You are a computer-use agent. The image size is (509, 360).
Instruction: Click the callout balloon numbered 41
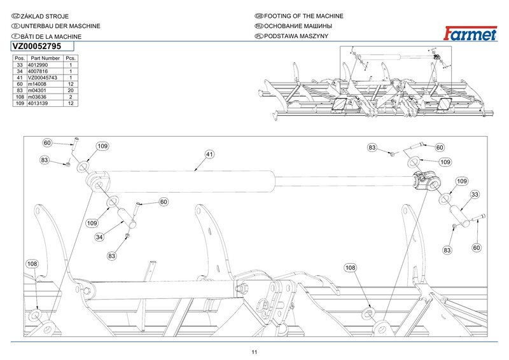(x=208, y=154)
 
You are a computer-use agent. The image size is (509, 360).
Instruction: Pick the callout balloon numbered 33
(x=475, y=194)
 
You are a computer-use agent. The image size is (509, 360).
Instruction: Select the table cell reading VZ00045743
(x=43, y=78)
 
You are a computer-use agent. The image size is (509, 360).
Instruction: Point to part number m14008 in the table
(x=39, y=84)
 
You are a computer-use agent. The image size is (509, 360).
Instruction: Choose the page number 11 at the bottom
(x=254, y=352)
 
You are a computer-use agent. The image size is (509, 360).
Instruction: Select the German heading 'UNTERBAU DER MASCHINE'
(x=54, y=26)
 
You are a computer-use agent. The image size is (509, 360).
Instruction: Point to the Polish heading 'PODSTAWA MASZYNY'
(x=295, y=37)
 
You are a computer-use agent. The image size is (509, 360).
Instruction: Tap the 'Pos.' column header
(x=19, y=58)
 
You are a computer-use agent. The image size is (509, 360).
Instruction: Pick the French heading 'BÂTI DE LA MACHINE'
(x=51, y=37)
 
